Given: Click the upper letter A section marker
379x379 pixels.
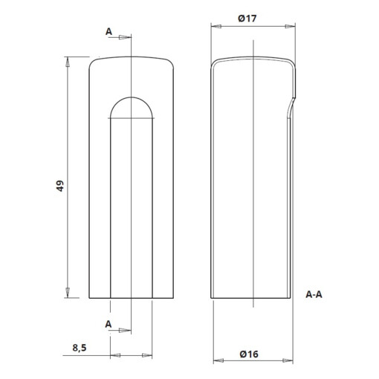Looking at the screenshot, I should coord(109,32).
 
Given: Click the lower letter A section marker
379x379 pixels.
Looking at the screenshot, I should coord(109,325).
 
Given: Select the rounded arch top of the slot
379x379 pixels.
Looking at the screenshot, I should coord(132,103).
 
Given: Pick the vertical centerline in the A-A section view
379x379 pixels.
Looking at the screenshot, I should coord(255,186).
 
